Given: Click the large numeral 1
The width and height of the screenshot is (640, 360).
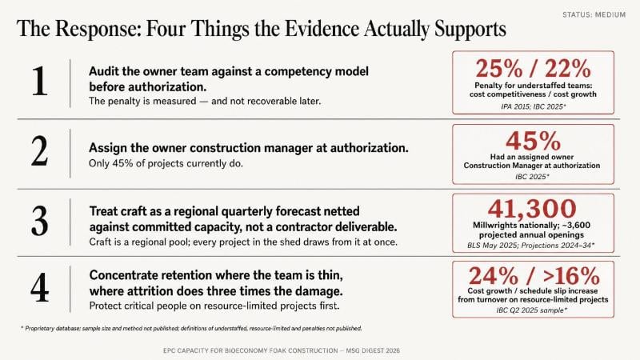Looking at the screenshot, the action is (x=40, y=82).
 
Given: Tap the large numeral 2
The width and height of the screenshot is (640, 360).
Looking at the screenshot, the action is (x=39, y=151).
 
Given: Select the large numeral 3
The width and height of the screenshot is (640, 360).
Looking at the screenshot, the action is (x=39, y=222).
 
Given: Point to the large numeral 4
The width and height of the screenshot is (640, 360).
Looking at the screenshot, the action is (x=39, y=288).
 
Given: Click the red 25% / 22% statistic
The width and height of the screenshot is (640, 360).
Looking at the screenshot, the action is (x=533, y=68).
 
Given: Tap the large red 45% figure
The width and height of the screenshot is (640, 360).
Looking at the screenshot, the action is (x=533, y=141).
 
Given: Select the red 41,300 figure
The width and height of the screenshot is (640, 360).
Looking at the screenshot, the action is (x=532, y=209).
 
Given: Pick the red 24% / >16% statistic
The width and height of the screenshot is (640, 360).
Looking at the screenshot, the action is (x=534, y=276).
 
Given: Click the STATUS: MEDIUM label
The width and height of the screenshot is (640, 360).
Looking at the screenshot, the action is (x=594, y=14).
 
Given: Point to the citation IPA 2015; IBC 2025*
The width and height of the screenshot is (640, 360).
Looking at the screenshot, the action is (x=533, y=106).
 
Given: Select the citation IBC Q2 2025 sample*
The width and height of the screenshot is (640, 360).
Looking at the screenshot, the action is (x=532, y=310).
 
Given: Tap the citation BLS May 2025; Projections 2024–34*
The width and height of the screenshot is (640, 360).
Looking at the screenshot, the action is (x=530, y=246).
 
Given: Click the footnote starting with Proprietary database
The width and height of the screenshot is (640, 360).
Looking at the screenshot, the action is (x=191, y=328).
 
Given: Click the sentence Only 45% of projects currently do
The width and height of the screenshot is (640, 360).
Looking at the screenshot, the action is (x=166, y=163).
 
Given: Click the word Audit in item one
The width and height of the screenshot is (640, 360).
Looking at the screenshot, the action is (x=104, y=71).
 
